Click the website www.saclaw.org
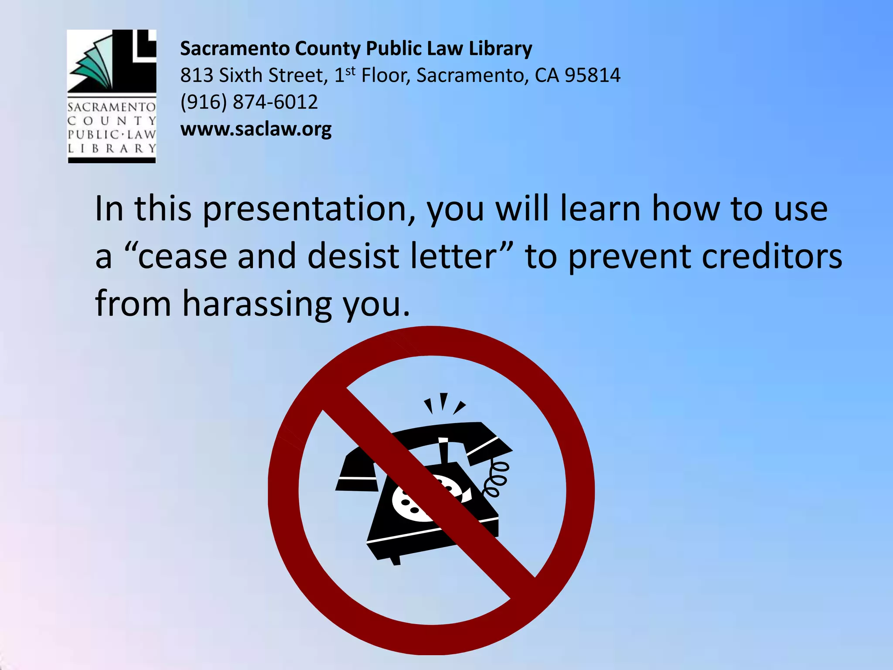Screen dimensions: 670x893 click(256, 129)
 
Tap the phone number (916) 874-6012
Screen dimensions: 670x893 click(249, 102)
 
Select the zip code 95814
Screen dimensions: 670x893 click(592, 75)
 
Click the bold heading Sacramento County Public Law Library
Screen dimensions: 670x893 click(356, 48)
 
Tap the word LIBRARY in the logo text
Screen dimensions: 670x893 click(112, 148)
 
